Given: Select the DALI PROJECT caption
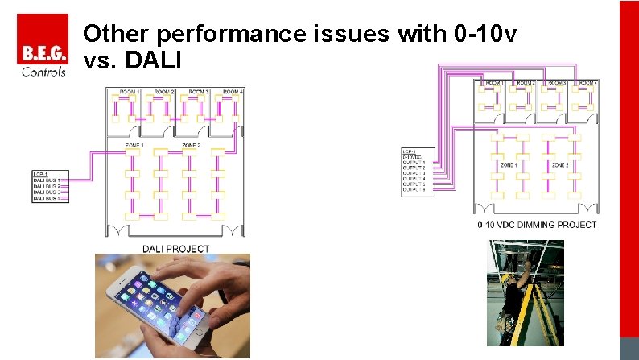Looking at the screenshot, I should coord(175,249).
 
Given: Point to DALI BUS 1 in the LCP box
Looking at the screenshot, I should coord(47,180).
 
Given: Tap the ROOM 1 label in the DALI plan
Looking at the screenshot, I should coord(130,93).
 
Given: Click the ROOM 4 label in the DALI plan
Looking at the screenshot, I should coord(233,93).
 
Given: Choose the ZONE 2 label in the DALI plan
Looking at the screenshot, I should coord(191,145).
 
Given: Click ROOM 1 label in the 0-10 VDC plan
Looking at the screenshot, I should coord(493,82).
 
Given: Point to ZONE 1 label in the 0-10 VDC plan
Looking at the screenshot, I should coord(509,164).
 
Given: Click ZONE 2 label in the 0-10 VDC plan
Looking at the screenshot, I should coord(560,164).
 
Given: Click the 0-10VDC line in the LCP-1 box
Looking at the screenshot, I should coord(413,155).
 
